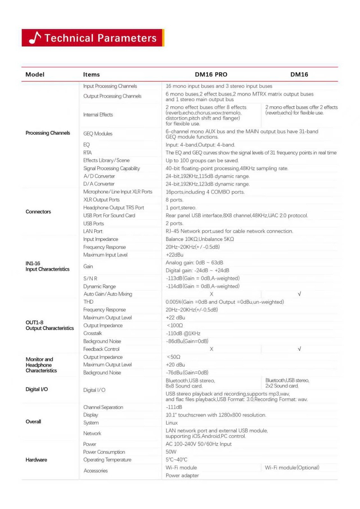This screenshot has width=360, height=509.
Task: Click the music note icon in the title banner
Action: tap(35, 38)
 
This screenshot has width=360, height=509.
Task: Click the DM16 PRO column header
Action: tap(211, 74)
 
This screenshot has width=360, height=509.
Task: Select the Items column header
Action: tap(91, 74)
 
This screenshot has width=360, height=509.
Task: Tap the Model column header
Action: tap(35, 74)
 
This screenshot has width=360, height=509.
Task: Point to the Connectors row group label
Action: tap(38, 212)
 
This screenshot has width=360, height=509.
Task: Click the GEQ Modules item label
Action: tap(98, 134)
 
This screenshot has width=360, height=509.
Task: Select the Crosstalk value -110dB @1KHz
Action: tap(183, 333)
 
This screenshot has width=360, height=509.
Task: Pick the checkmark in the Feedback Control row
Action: tap(299, 349)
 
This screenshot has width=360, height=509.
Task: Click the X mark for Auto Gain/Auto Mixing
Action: tap(211, 294)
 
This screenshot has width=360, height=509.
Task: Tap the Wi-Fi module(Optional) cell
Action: tap(292, 468)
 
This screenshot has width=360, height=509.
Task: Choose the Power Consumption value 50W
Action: tap(171, 452)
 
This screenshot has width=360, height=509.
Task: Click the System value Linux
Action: tap(172, 423)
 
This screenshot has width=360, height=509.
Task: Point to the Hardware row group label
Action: tap(36, 460)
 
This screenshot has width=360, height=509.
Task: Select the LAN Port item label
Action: tap(93, 231)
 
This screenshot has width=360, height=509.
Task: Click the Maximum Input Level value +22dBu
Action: tap(174, 255)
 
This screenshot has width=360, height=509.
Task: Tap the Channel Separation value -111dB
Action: tap(174, 407)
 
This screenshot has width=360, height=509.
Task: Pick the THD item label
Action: tap(88, 302)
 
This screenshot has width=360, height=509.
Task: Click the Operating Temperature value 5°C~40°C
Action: tap(176, 460)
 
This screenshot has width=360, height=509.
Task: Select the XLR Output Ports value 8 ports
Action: tap(174, 200)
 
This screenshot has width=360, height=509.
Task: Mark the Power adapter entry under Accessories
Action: tap(182, 476)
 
